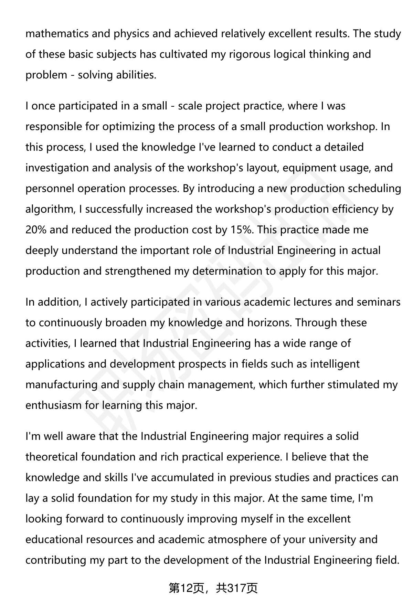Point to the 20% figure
tap(36, 230)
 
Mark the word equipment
tap(310, 168)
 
